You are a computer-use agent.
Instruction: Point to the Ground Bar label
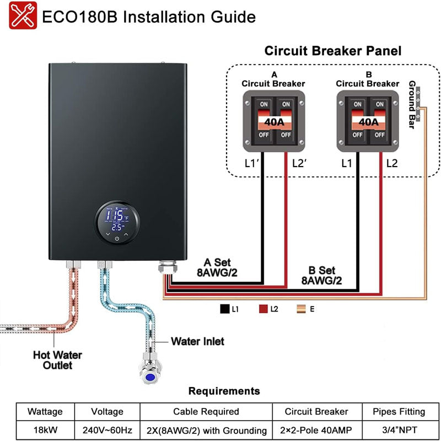[412, 105]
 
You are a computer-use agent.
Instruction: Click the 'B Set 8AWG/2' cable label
[321, 276]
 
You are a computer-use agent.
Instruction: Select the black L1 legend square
[224, 309]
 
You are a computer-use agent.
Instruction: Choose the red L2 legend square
[263, 309]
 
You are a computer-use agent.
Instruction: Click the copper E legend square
[302, 309]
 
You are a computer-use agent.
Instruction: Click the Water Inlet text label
[197, 342]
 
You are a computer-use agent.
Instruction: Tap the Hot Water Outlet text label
[57, 360]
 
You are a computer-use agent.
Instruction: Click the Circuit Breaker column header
[316, 412]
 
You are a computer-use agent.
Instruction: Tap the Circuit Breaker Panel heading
[333, 51]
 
